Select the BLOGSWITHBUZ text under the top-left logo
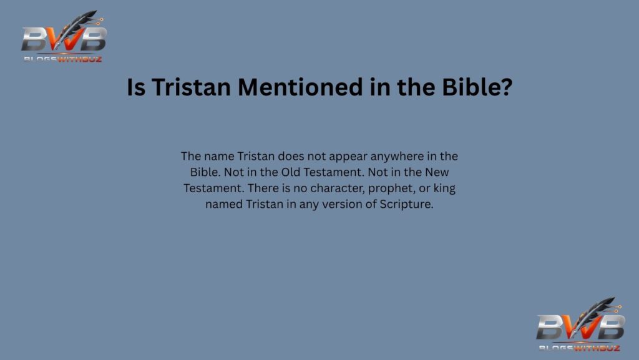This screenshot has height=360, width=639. click(x=62, y=59)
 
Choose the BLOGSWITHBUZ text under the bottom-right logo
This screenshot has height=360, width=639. click(x=578, y=347)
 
